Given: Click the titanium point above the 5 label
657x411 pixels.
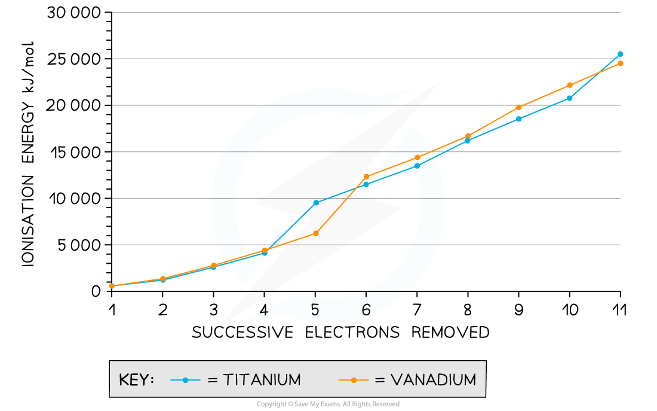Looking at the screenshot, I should pos(316,203).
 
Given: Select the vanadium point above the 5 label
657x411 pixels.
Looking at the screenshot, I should pos(316,233).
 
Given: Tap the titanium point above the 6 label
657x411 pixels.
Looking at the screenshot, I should pos(366,184).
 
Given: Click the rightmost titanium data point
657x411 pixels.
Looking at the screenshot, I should pos(621,54).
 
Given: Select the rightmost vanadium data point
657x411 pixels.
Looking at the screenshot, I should pos(621,63).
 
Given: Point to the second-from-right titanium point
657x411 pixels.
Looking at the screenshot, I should pos(570,98).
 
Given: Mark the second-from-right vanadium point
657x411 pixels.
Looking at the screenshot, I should pos(570,85).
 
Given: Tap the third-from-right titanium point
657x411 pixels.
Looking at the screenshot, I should pos(519,119).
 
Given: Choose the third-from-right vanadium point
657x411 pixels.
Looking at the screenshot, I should pos(519,107).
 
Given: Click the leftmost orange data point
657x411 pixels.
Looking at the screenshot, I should pos(112,286).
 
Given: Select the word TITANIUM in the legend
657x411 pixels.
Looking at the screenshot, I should pos(262,380).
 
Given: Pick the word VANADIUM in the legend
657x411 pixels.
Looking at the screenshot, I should pos(434,380).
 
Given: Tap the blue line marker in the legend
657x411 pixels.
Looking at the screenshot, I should pos(185,380).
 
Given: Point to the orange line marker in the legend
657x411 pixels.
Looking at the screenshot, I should pos(354,380).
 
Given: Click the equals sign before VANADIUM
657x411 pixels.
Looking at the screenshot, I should pos(380,380).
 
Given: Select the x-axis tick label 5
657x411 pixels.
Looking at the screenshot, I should pos(315,310).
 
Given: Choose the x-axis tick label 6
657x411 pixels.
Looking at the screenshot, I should pos(366,310).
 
